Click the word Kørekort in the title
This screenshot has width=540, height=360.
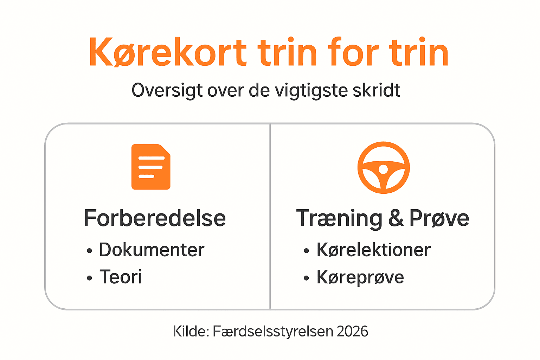tap(168, 52)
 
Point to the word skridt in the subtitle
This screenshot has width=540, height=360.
tap(376, 90)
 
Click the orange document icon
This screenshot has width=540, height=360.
tap(151, 167)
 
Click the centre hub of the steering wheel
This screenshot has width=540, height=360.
tap(383, 169)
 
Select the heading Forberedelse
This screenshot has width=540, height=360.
tap(155, 218)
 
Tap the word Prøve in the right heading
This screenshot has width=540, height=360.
tap(439, 218)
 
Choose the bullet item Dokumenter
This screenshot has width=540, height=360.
tap(152, 250)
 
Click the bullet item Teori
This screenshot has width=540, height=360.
tap(121, 277)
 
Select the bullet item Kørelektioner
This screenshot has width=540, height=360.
tap(374, 250)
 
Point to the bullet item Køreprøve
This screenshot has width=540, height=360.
tap(360, 277)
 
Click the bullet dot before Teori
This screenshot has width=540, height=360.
tap(89, 278)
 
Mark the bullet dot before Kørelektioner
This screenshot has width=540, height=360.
tap(307, 251)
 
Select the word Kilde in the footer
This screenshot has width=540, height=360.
tap(191, 331)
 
